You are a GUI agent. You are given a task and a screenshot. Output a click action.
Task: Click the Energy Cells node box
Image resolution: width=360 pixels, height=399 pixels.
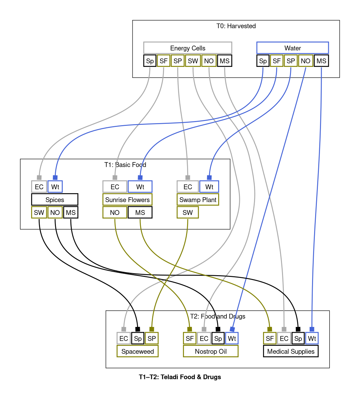187,48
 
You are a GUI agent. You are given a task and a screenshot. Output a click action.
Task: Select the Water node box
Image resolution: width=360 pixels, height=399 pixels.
292,48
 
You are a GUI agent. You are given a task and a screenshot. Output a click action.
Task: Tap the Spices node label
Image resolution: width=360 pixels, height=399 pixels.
55,200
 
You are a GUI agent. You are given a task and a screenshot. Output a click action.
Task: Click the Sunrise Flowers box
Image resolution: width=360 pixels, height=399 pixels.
127,200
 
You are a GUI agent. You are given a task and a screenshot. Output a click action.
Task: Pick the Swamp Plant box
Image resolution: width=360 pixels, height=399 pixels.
197,200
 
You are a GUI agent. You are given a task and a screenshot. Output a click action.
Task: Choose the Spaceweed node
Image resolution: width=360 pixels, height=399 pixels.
137,351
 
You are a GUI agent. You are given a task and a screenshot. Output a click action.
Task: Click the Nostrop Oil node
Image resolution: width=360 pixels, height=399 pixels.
211,351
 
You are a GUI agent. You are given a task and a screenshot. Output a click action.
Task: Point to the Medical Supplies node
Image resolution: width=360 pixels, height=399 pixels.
291,351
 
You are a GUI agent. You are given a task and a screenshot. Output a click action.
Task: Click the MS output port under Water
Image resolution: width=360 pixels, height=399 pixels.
321,61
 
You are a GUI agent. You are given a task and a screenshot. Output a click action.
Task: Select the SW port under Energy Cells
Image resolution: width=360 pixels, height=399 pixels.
193,61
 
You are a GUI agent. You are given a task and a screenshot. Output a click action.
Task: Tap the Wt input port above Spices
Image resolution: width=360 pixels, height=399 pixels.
55,187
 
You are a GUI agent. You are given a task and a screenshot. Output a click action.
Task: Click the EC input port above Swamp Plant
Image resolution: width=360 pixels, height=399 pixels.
188,187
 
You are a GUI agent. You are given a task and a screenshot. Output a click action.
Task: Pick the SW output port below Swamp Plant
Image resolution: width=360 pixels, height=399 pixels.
188,212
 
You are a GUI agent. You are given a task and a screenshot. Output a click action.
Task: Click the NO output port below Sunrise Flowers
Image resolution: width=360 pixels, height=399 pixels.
115,212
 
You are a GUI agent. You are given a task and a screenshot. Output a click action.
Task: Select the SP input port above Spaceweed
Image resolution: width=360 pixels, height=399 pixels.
152,338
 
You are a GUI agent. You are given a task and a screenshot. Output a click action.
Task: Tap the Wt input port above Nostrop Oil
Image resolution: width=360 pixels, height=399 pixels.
232,338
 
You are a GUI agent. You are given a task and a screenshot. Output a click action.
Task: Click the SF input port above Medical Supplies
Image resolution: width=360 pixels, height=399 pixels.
270,338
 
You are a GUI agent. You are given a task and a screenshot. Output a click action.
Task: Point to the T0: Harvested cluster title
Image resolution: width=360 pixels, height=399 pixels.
236,26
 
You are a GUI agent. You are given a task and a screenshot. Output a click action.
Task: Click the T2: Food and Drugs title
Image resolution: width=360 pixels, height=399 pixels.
217,316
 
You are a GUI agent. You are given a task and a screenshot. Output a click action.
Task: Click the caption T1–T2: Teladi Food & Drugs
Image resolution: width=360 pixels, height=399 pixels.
180,377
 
